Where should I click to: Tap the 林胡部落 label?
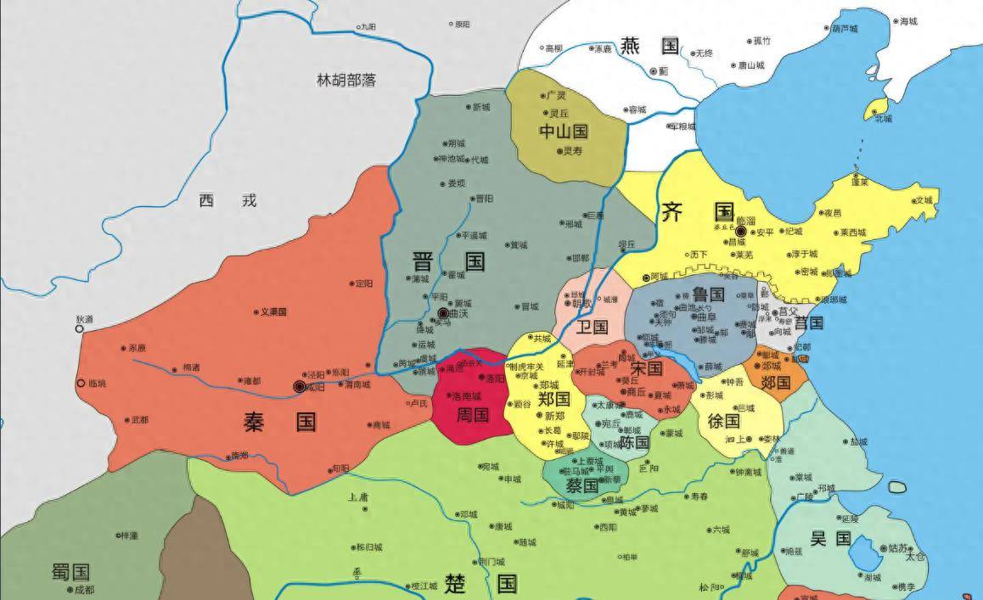[346, 81]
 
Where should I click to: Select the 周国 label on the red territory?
[473, 415]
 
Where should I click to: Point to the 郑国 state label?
[553, 399]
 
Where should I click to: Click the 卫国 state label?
[592, 327]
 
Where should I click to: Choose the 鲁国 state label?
[708, 294]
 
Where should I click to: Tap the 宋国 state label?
[647, 368]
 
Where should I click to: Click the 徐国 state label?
[724, 420]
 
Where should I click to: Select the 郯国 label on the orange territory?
[775, 383]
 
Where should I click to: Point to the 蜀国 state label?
[70, 571]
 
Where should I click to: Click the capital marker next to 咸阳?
[299, 386]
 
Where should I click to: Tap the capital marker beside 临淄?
[740, 231]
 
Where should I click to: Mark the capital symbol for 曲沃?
[443, 314]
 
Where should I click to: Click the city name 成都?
[84, 590]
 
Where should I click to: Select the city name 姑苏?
[897, 548]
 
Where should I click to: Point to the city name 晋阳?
[484, 199]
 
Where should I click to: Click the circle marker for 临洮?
[81, 384]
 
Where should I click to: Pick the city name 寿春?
[699, 496]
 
